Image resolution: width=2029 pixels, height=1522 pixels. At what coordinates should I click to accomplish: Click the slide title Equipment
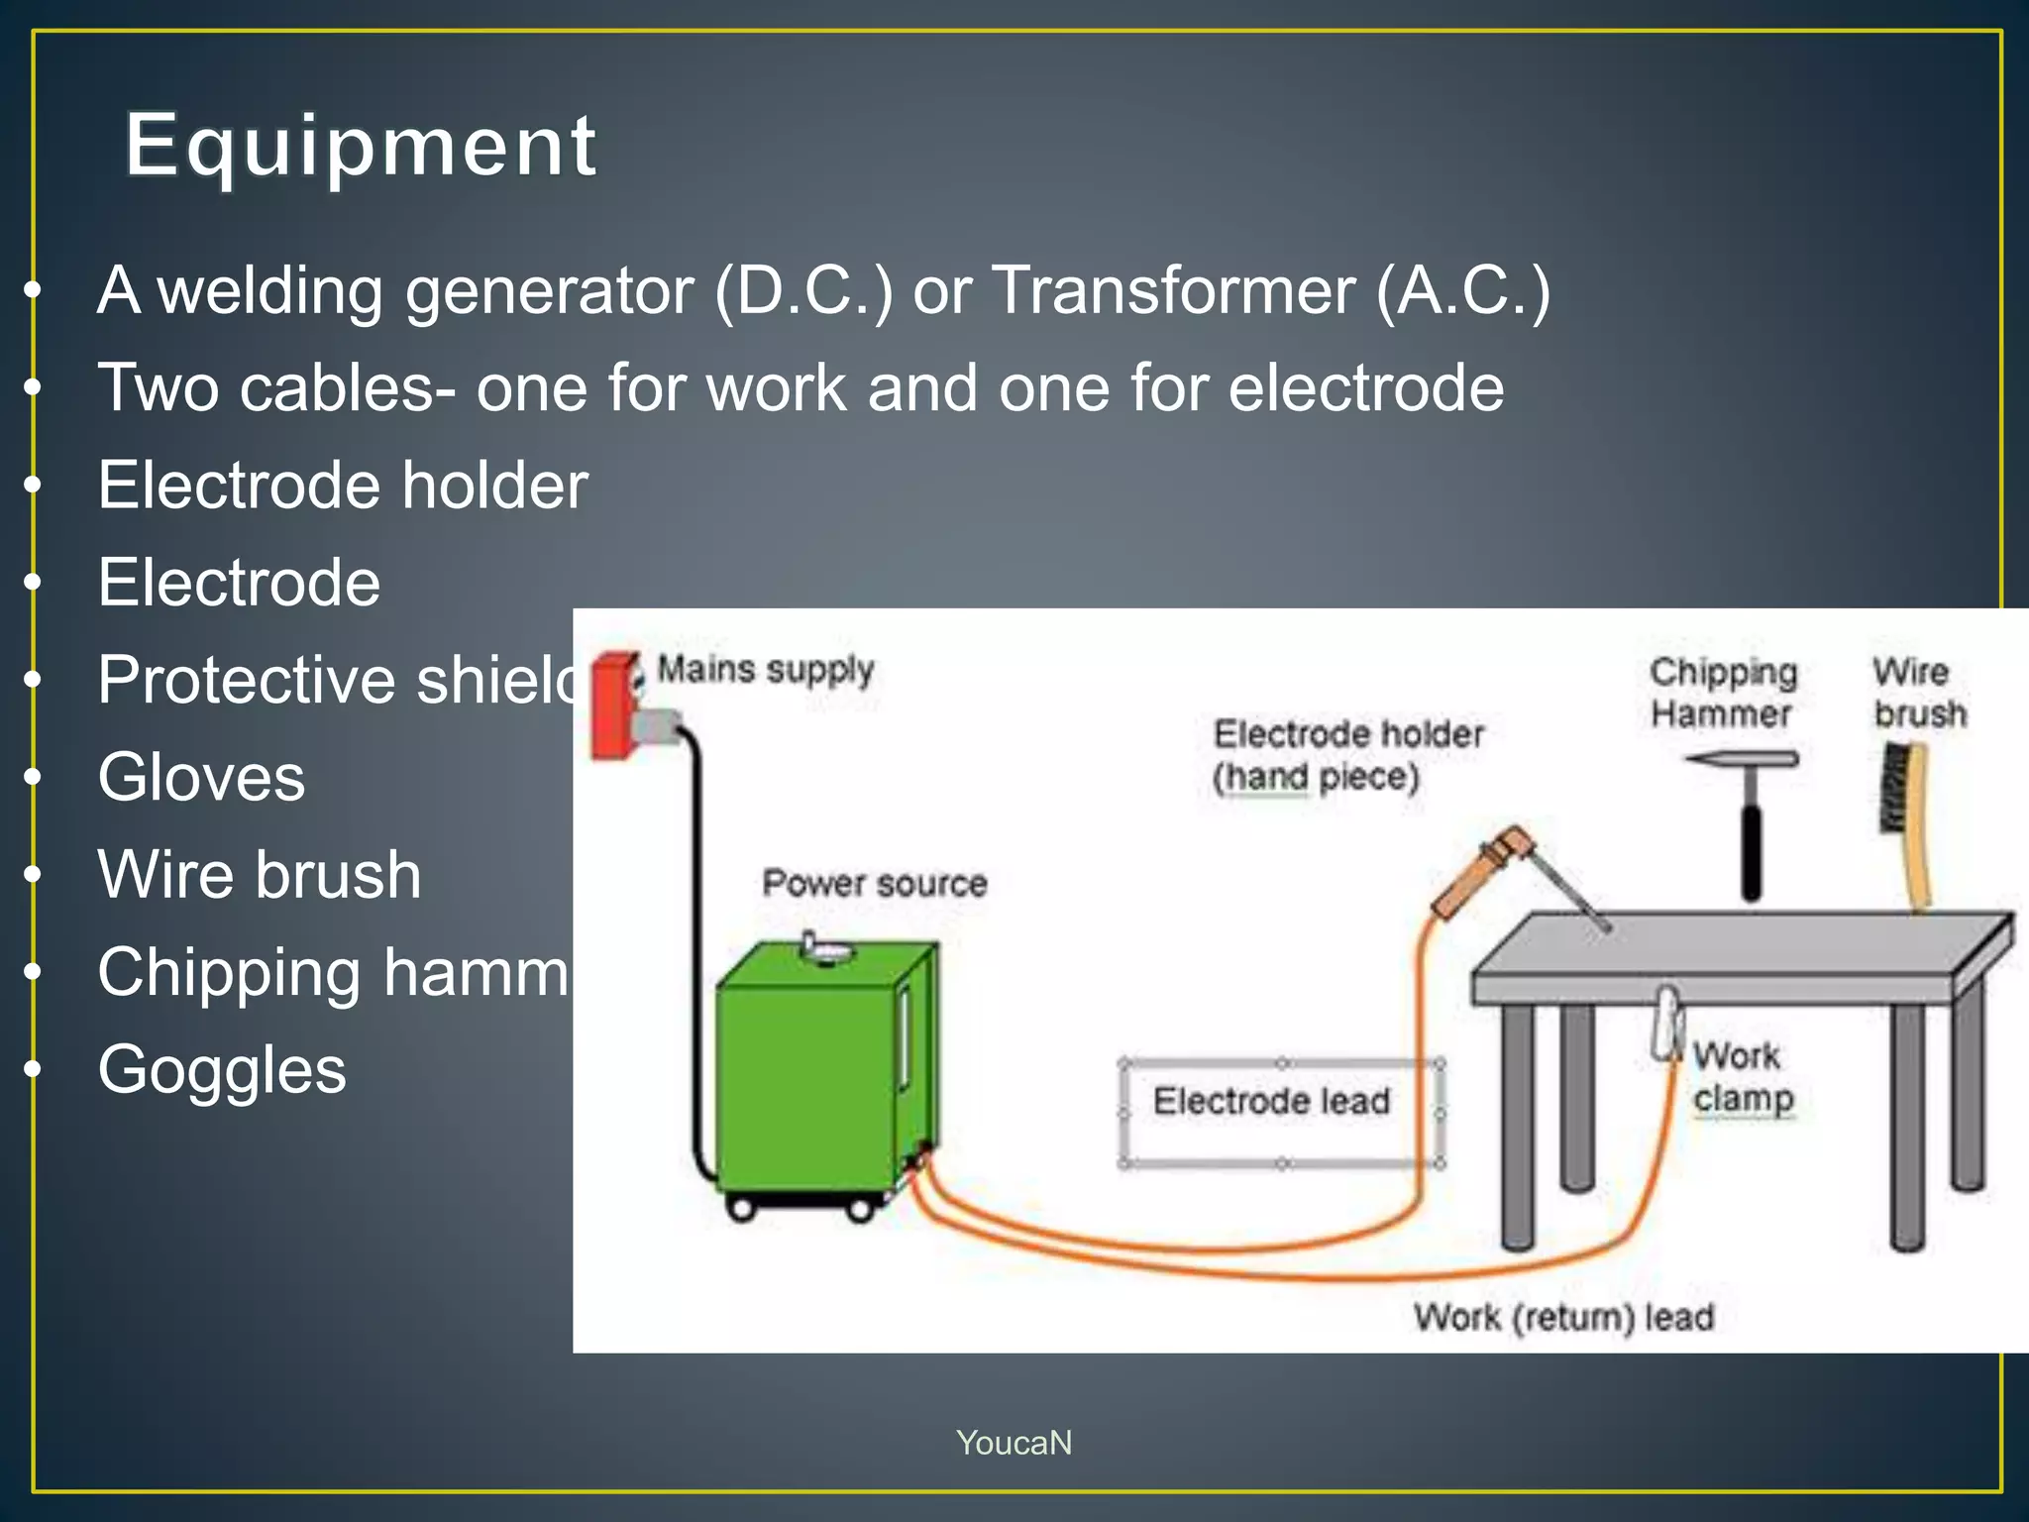point(361,147)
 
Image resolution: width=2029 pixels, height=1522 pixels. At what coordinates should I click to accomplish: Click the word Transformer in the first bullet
point(1173,291)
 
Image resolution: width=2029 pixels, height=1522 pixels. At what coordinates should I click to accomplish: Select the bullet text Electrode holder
point(343,486)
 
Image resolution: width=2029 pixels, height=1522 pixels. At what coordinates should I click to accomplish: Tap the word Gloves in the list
point(201,777)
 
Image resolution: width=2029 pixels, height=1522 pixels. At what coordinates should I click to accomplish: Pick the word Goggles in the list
point(222,1070)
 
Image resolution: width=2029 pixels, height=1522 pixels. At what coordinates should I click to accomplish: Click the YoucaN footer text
point(1014,1443)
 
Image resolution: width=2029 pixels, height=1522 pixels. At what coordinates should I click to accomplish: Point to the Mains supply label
point(766,671)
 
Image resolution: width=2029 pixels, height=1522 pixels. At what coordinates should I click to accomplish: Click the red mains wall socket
point(614,704)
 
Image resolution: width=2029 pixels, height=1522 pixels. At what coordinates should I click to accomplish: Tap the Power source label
point(875,883)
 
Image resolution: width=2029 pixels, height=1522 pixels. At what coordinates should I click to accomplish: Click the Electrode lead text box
point(1272,1102)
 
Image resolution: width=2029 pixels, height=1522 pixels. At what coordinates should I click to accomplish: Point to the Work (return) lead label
point(1563,1318)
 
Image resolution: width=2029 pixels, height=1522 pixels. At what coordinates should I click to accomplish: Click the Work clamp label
point(1742,1077)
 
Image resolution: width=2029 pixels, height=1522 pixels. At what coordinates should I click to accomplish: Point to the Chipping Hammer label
point(1723,693)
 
